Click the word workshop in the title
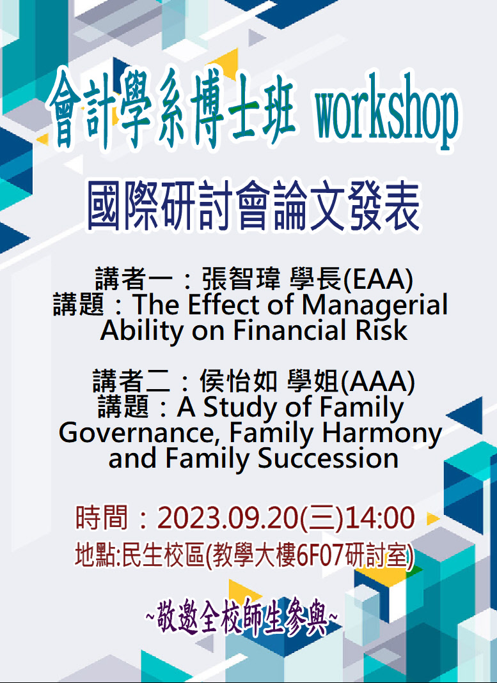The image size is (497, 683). coord(386,112)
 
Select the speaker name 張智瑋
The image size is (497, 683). coord(241,279)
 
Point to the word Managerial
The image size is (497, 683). coord(374,305)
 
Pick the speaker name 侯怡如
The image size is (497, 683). coord(238,381)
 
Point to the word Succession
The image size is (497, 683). coord(328,458)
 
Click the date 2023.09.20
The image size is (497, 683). coord(227,518)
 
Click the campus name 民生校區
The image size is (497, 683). coord(163,556)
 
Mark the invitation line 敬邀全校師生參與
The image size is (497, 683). coord(242,617)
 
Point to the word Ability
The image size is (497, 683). coord(142,330)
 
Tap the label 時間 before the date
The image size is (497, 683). coord(101,518)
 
